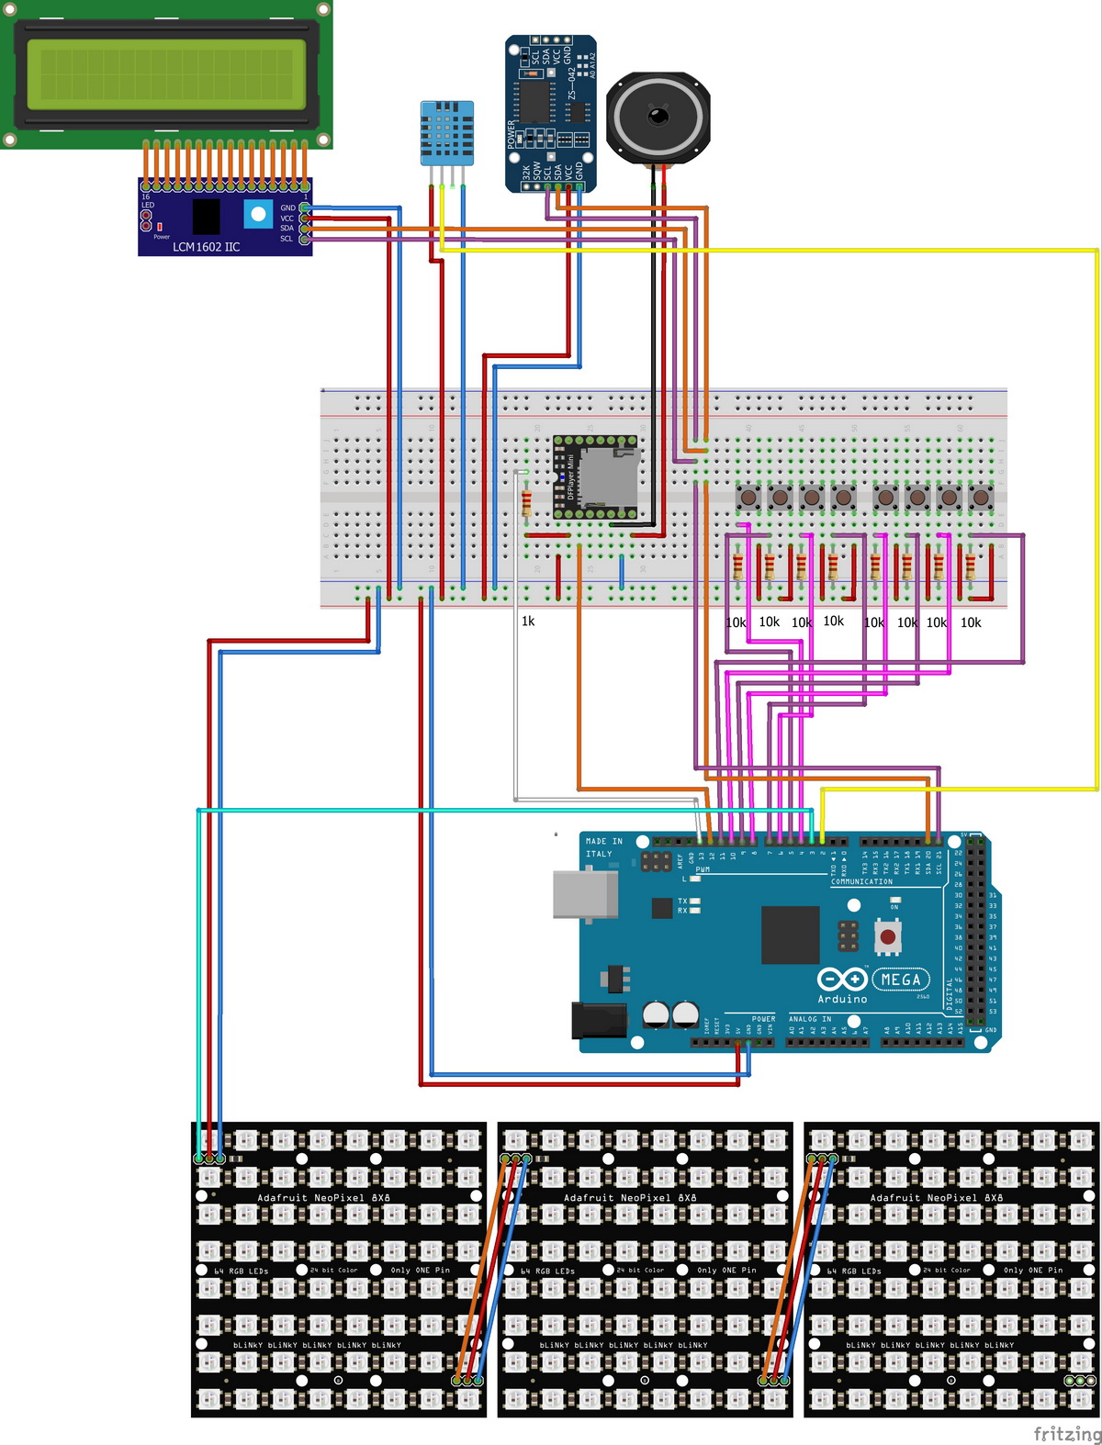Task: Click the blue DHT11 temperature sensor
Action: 447,133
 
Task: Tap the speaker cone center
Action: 658,117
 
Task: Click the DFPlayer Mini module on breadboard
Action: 595,476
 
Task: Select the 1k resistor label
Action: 528,622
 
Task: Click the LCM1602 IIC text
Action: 206,247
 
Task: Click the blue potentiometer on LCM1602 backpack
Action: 258,215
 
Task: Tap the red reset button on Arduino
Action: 887,937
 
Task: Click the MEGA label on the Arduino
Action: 901,980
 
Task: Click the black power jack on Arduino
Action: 599,1020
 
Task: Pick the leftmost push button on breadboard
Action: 748,498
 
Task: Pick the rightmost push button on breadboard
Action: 981,498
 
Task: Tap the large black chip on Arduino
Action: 790,935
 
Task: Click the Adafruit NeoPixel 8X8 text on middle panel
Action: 630,1198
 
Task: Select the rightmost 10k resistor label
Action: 971,622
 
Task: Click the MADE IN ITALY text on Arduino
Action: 603,847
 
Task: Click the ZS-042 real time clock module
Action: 551,115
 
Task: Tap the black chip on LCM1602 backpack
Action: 206,217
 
